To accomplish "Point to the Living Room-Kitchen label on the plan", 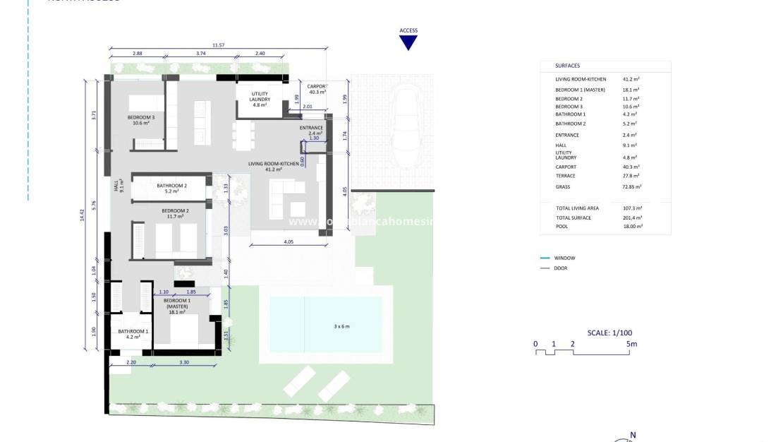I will click(x=269, y=167).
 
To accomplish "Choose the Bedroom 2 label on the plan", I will click(x=175, y=213).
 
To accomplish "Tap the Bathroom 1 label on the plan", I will click(x=133, y=334).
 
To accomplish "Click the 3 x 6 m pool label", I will click(x=341, y=326).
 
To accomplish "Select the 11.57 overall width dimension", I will click(x=218, y=44).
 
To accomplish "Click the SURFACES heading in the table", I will click(x=567, y=66).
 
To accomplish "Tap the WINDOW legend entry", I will click(x=565, y=258).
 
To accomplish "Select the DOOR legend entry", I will click(x=561, y=268).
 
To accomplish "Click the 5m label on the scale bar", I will click(x=631, y=344).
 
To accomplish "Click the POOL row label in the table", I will click(x=562, y=227).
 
